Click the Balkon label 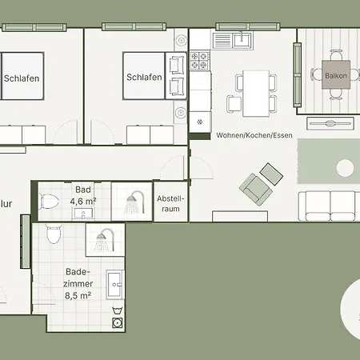point(336,76)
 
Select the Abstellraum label point(170,203)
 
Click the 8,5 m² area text point(78,294)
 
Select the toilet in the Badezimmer point(54,234)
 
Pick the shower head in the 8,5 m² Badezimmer point(103,239)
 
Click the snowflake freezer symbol point(199,122)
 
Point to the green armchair point(255,190)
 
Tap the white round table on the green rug point(346,168)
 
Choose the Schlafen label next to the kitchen point(144,78)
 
